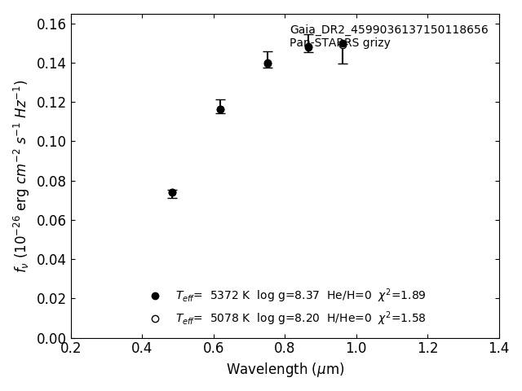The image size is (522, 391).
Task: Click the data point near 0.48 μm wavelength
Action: point(172,193)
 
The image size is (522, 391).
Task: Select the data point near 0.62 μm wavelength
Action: point(220,109)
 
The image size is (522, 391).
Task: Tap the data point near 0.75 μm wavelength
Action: point(268,64)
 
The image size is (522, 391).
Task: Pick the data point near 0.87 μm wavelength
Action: point(308,47)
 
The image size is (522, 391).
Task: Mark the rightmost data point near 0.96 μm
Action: point(343,44)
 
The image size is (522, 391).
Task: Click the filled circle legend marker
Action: point(155,296)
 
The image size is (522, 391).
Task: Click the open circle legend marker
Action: point(155,319)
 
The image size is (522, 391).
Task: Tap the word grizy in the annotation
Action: point(374,43)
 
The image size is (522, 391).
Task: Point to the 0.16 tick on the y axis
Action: point(46,24)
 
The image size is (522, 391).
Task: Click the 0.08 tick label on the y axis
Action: point(46,181)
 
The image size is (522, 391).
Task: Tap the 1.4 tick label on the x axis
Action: point(499,348)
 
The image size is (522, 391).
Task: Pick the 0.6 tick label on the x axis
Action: point(214,348)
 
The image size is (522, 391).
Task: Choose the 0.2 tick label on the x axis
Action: point(71,348)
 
